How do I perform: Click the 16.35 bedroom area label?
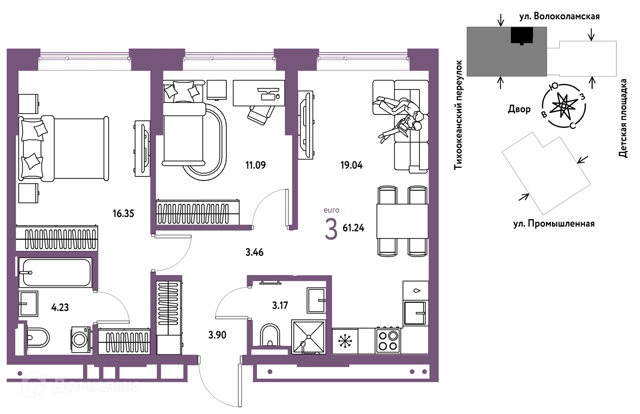(x=123, y=213)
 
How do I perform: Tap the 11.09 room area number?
(x=256, y=165)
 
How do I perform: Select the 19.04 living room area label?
(x=351, y=165)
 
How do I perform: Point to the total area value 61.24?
(x=353, y=228)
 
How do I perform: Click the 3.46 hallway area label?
(x=254, y=252)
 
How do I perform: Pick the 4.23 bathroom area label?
(x=60, y=307)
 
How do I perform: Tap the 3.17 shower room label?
(x=280, y=306)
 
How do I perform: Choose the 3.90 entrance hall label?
(x=217, y=335)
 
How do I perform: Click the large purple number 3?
(x=331, y=229)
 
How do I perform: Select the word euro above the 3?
(x=331, y=210)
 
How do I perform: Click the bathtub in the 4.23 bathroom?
(x=55, y=273)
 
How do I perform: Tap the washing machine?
(x=81, y=339)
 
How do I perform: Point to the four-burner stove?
(x=388, y=341)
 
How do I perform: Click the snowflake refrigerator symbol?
(x=345, y=341)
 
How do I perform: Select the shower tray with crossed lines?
(x=309, y=337)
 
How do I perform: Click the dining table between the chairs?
(x=402, y=221)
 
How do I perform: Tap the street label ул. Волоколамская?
(x=559, y=16)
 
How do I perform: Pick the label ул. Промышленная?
(x=554, y=224)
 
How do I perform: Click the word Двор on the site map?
(x=519, y=109)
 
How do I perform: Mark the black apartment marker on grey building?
(x=522, y=36)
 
